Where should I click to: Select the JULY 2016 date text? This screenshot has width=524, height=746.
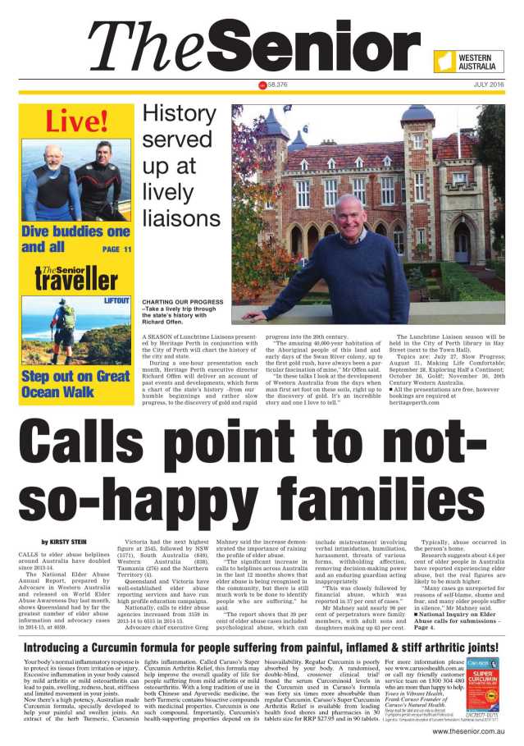[x=489, y=85]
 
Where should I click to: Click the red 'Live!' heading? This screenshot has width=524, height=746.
[x=76, y=121]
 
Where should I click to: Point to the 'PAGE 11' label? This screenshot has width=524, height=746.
[x=116, y=249]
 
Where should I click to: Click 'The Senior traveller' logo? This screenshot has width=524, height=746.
[x=76, y=277]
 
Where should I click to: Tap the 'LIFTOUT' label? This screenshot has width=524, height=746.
[x=116, y=301]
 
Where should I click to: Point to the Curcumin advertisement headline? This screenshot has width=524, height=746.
[x=262, y=647]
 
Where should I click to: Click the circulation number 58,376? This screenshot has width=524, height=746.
[x=276, y=85]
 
